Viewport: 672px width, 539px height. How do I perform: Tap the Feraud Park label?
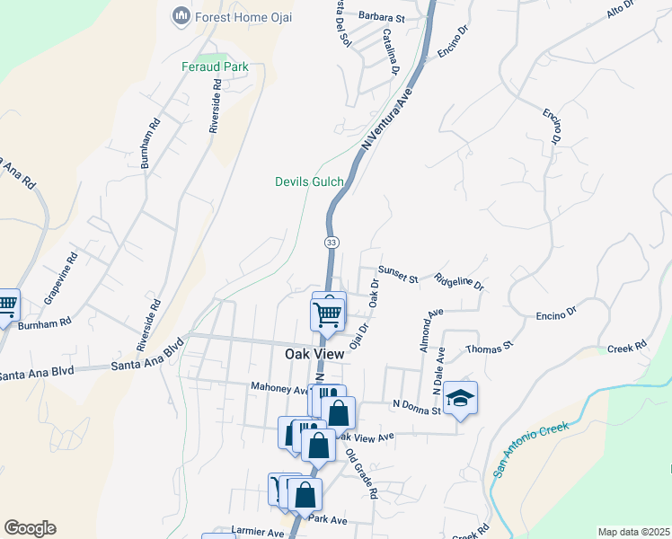215,66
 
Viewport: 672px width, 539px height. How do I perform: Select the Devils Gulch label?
309,181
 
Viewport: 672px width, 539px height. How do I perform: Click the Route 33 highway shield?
332,243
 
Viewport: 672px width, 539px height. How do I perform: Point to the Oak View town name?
314,354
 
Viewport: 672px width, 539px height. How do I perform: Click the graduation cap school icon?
461,397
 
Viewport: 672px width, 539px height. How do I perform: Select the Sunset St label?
398,274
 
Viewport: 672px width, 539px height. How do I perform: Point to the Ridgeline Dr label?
459,282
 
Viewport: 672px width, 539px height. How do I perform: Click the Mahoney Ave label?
279,389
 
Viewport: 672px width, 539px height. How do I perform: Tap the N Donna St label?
416,407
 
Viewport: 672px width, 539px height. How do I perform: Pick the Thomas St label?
489,347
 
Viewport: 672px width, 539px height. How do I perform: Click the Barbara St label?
382,17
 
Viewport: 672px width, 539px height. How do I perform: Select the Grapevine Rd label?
62,276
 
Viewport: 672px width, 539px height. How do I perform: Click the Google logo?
30,528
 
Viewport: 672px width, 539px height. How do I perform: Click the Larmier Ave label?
258,531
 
